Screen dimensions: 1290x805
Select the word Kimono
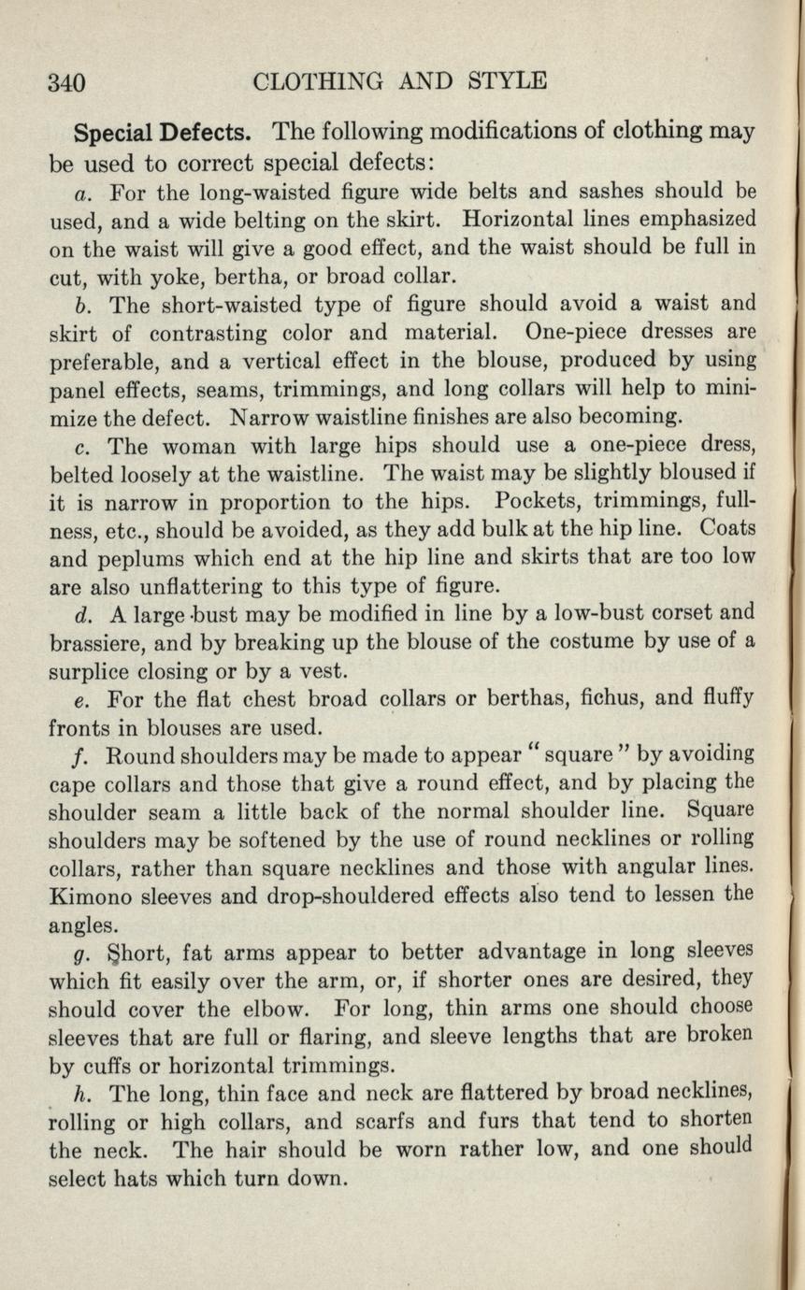90,895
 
